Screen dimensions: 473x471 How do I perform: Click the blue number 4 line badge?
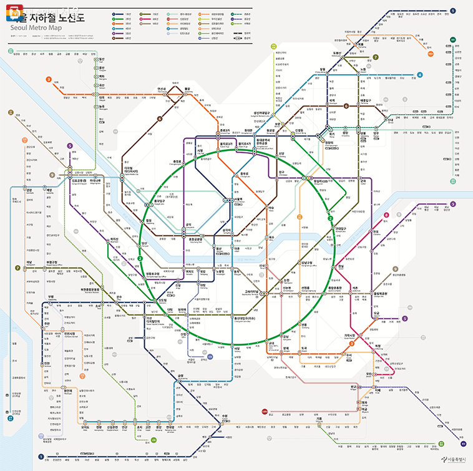[420, 75]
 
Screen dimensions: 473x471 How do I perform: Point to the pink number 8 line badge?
[387, 215]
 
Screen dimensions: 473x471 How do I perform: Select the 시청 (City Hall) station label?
[200, 150]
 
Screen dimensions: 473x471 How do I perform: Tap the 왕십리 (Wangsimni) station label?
[325, 181]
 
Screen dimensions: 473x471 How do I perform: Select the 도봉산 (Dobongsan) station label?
[338, 54]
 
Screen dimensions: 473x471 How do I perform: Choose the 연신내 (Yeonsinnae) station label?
[162, 89]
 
